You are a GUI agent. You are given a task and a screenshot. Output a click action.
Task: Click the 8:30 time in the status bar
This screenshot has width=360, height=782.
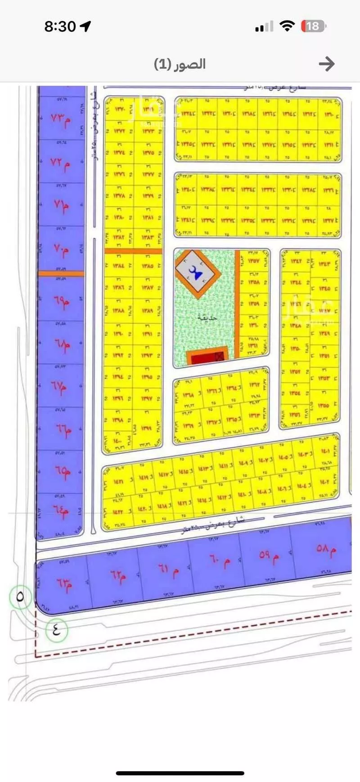point(60,27)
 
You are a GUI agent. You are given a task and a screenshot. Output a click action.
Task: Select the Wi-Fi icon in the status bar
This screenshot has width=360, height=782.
point(286,26)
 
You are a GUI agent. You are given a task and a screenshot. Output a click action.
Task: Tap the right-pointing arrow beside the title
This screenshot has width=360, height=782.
point(327,64)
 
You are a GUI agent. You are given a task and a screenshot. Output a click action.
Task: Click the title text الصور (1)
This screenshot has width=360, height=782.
point(180,64)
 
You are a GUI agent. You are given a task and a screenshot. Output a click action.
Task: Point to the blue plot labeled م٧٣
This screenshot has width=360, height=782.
point(61,119)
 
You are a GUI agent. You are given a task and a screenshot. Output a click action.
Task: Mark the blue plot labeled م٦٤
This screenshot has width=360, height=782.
point(61,513)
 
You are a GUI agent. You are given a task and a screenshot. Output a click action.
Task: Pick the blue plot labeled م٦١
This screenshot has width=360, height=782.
point(168,571)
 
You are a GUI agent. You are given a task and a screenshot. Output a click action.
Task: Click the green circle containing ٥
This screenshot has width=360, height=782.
point(20,597)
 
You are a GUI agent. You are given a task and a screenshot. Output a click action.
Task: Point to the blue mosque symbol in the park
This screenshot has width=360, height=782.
point(196,272)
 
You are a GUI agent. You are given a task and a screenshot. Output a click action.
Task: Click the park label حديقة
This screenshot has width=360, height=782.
point(207,317)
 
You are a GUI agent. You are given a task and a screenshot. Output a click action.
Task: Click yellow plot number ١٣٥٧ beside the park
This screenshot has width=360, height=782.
point(253,261)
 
